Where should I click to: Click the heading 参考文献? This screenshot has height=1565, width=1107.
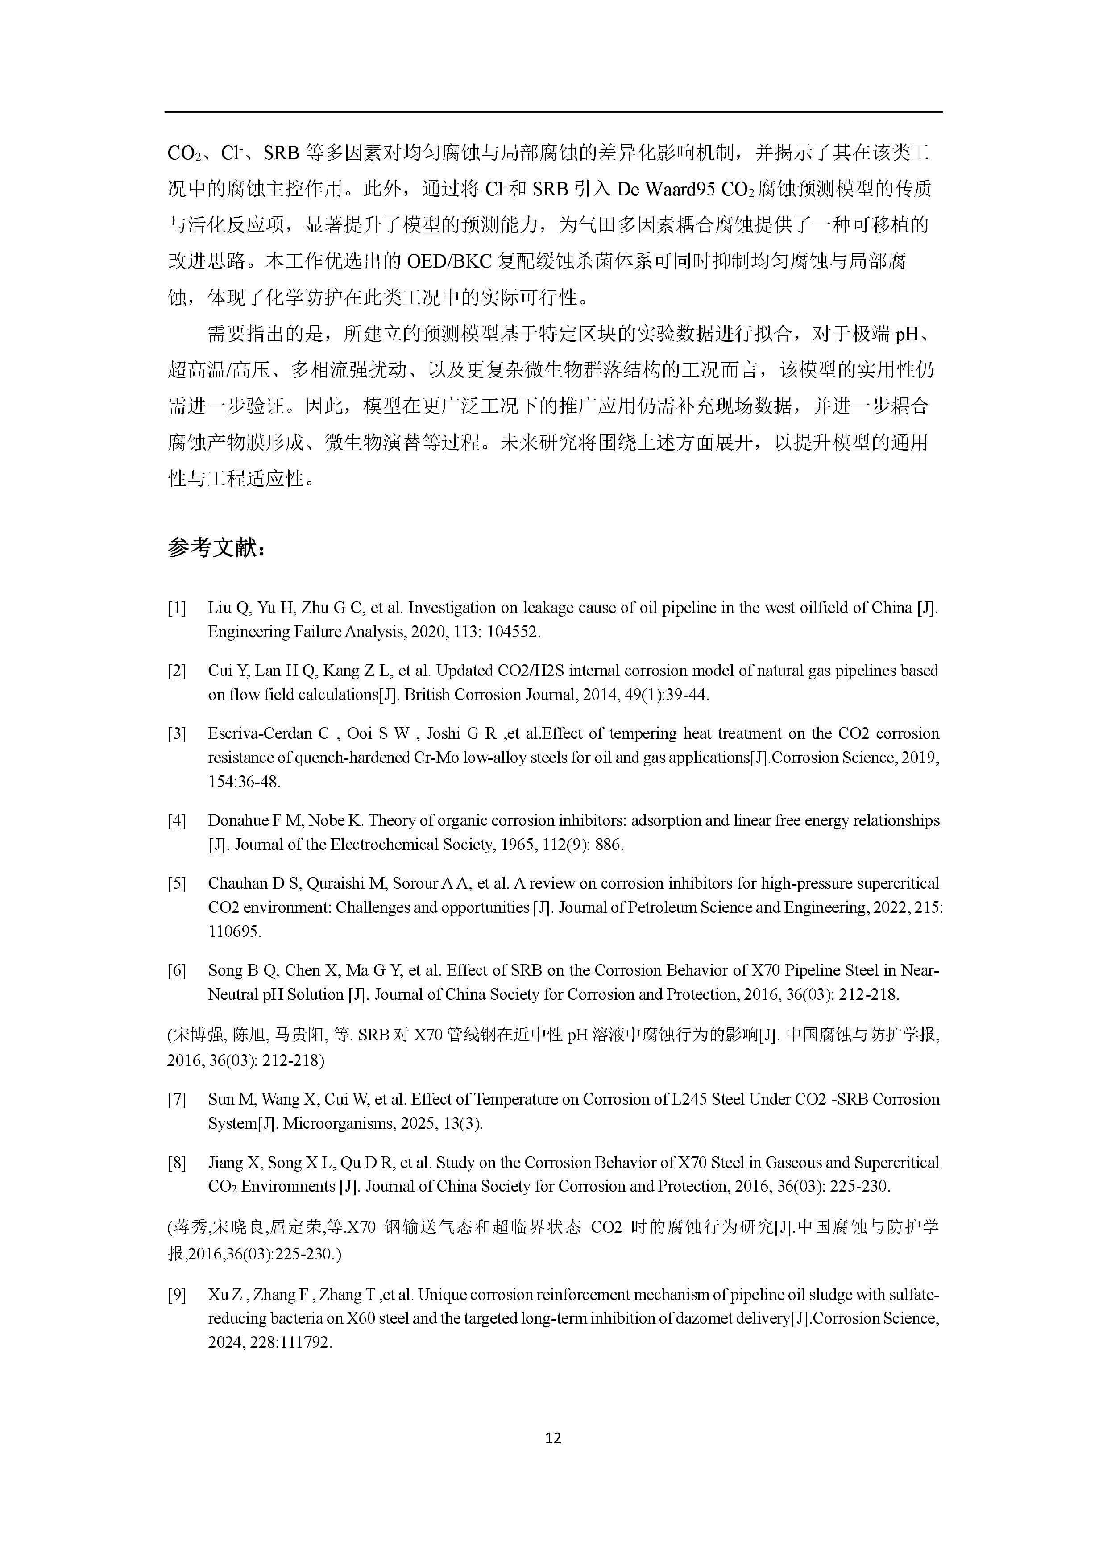point(216,547)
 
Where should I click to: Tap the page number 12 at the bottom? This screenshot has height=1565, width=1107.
point(553,1438)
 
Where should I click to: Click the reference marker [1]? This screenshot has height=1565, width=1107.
point(177,608)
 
